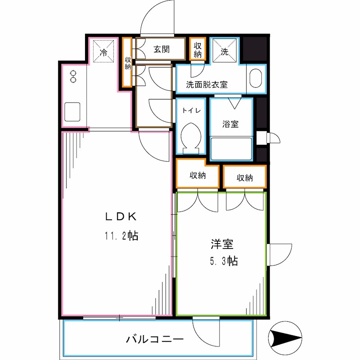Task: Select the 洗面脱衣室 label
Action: (x=207, y=84)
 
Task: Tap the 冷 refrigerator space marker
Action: (x=103, y=51)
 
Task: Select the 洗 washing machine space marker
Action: (x=225, y=51)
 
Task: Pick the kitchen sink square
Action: (x=72, y=111)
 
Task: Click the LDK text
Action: (x=121, y=216)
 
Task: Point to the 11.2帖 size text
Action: (x=121, y=235)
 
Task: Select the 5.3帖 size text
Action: (x=222, y=261)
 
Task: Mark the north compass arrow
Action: (x=286, y=337)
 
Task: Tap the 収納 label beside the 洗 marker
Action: (x=198, y=49)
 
